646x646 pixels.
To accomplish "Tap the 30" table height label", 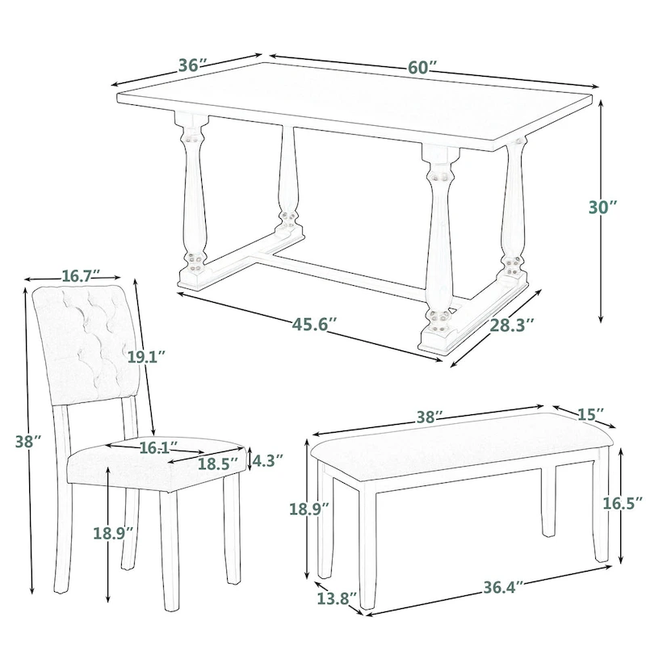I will coord(602,207).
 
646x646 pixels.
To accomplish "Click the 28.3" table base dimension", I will coord(511,325).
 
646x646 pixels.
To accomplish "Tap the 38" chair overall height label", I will coord(27,441).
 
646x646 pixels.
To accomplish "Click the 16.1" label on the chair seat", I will coord(153,446).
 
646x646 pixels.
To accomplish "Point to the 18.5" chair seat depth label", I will coord(218,464).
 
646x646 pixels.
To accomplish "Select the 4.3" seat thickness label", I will coord(267,461).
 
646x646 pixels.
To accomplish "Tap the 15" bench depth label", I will coord(590,414).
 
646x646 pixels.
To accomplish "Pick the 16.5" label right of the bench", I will coord(623,504).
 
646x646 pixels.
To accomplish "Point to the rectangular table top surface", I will coord(355,113).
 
